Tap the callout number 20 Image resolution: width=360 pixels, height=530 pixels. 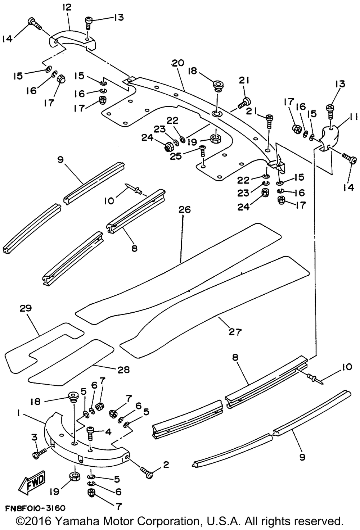(178, 63)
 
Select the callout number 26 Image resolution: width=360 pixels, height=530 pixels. (184, 210)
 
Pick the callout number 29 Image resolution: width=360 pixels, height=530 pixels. (26, 308)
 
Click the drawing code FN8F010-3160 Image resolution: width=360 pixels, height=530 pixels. (35, 508)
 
